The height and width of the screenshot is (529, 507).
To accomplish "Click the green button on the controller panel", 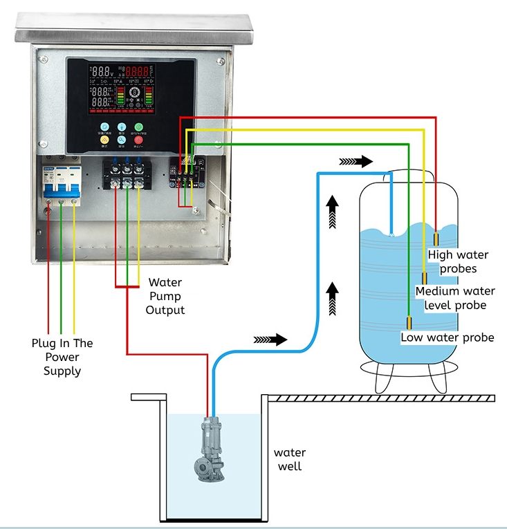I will tap(138, 127).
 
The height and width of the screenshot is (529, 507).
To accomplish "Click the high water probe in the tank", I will tap(437, 240).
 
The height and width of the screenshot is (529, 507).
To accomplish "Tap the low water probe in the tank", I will tap(409, 323).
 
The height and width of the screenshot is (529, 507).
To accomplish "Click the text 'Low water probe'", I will tap(448, 337).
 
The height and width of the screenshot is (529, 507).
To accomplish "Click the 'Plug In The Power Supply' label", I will tap(62, 357).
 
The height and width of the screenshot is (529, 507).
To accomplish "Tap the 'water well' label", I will tap(290, 459).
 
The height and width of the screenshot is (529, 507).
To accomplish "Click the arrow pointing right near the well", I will tap(270, 340).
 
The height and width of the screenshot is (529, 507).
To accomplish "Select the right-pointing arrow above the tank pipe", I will tap(356, 161).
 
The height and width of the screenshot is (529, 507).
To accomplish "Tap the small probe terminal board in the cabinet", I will tap(186, 173).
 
